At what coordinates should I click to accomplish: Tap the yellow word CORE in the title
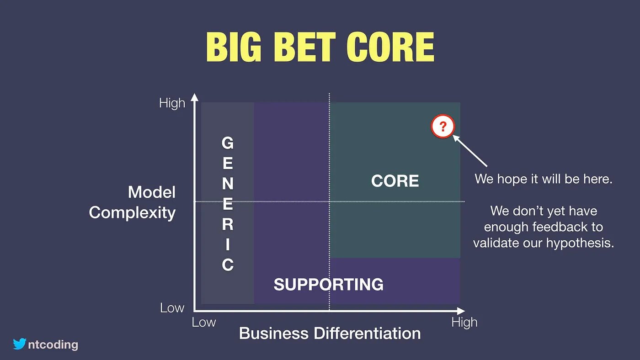coord(390,47)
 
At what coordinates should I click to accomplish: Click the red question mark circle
coord(443,126)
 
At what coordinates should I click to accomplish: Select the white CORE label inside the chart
coord(395,181)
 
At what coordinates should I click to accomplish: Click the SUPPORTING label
coord(329,284)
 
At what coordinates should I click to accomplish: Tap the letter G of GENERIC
coord(228,143)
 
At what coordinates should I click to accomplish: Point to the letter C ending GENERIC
coord(228,265)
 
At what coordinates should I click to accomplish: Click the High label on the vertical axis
coord(172,103)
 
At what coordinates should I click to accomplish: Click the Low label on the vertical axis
coord(172,308)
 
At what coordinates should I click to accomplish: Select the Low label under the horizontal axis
coord(204,323)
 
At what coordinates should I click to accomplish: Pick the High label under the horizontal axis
coord(464,323)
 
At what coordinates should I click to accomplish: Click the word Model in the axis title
coord(152,192)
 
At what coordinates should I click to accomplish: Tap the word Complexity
coord(132,213)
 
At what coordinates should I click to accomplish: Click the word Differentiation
coord(367,333)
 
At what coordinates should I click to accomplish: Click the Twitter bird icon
coord(19,344)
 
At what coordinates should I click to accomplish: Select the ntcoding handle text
coord(53,345)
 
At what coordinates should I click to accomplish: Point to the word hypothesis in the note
coord(580,243)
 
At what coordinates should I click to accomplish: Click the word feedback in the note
coord(558,227)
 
